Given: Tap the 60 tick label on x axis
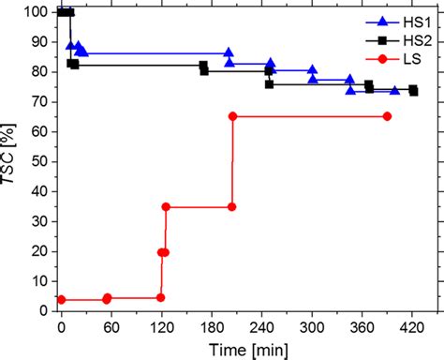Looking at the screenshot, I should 111,328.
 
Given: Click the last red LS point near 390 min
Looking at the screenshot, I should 387,116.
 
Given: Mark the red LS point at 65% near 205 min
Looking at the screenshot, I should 232,116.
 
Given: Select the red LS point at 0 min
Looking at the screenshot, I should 61,300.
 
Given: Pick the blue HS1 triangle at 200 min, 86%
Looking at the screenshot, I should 229,53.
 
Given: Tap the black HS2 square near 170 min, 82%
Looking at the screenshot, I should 203,66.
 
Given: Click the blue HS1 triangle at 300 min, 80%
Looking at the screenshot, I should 313,70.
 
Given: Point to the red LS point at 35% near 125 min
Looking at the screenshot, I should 166,206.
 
